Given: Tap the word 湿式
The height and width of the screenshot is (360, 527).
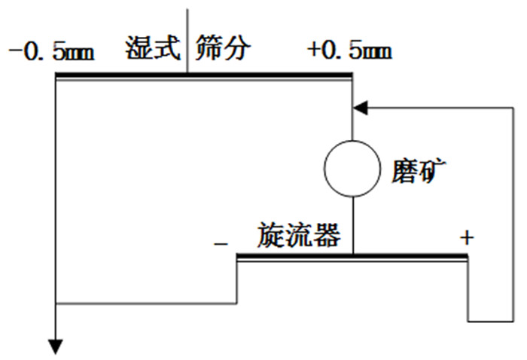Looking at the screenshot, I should [153, 50].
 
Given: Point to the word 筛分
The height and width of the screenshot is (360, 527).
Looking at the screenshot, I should [222, 50].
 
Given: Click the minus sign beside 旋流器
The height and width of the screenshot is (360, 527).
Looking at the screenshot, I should [221, 243].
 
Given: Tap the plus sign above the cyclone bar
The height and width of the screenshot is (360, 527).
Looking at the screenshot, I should [467, 238].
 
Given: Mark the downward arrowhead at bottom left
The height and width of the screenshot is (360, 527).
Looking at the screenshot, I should [56, 346].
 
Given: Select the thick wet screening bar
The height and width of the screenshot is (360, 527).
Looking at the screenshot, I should [203, 75].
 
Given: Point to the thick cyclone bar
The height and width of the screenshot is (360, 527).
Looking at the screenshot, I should [352, 257].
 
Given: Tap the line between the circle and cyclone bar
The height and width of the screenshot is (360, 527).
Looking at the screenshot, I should [352, 222].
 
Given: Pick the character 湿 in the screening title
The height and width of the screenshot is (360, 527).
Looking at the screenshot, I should [139, 50].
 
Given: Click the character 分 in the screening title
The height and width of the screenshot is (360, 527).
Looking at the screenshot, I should [236, 50].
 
